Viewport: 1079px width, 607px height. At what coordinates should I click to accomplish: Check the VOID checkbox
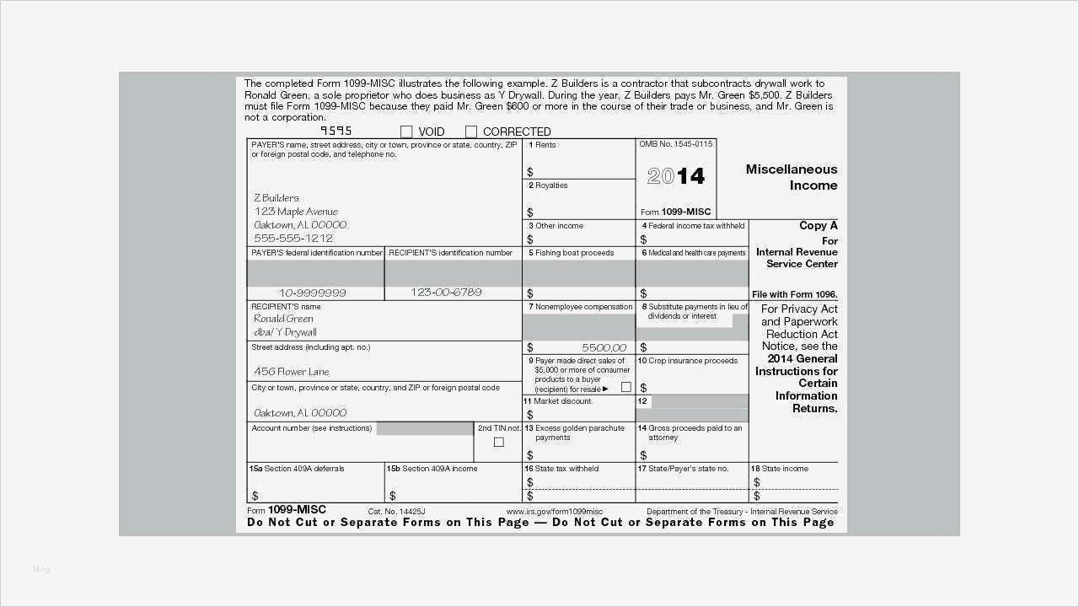406,132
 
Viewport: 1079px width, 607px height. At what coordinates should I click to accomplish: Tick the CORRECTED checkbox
471,132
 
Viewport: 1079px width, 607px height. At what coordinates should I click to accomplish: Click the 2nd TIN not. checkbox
498,442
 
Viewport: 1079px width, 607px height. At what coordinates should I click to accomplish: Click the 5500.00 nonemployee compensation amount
604,347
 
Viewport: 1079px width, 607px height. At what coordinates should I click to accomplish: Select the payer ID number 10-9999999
312,293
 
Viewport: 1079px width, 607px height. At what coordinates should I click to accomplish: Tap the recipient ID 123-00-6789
446,293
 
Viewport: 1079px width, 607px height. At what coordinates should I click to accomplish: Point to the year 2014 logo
676,175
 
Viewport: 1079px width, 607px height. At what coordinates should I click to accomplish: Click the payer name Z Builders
276,197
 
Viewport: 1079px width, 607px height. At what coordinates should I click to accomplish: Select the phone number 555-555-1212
293,238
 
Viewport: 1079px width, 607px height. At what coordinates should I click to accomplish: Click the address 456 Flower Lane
292,371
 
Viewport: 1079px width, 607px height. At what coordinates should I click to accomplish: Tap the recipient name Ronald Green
283,319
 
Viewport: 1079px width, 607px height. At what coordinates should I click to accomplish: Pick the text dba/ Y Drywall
285,332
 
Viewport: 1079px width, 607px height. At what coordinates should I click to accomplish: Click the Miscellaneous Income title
791,177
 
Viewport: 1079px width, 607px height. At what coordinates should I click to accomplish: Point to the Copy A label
818,225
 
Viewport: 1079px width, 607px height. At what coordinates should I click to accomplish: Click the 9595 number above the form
336,131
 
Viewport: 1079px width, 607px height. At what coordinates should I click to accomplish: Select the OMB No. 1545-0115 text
675,144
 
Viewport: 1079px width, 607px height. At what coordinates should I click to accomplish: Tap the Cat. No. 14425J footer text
396,512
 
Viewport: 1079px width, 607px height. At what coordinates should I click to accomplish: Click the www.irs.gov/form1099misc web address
554,512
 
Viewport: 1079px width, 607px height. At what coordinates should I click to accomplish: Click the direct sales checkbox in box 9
625,387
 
